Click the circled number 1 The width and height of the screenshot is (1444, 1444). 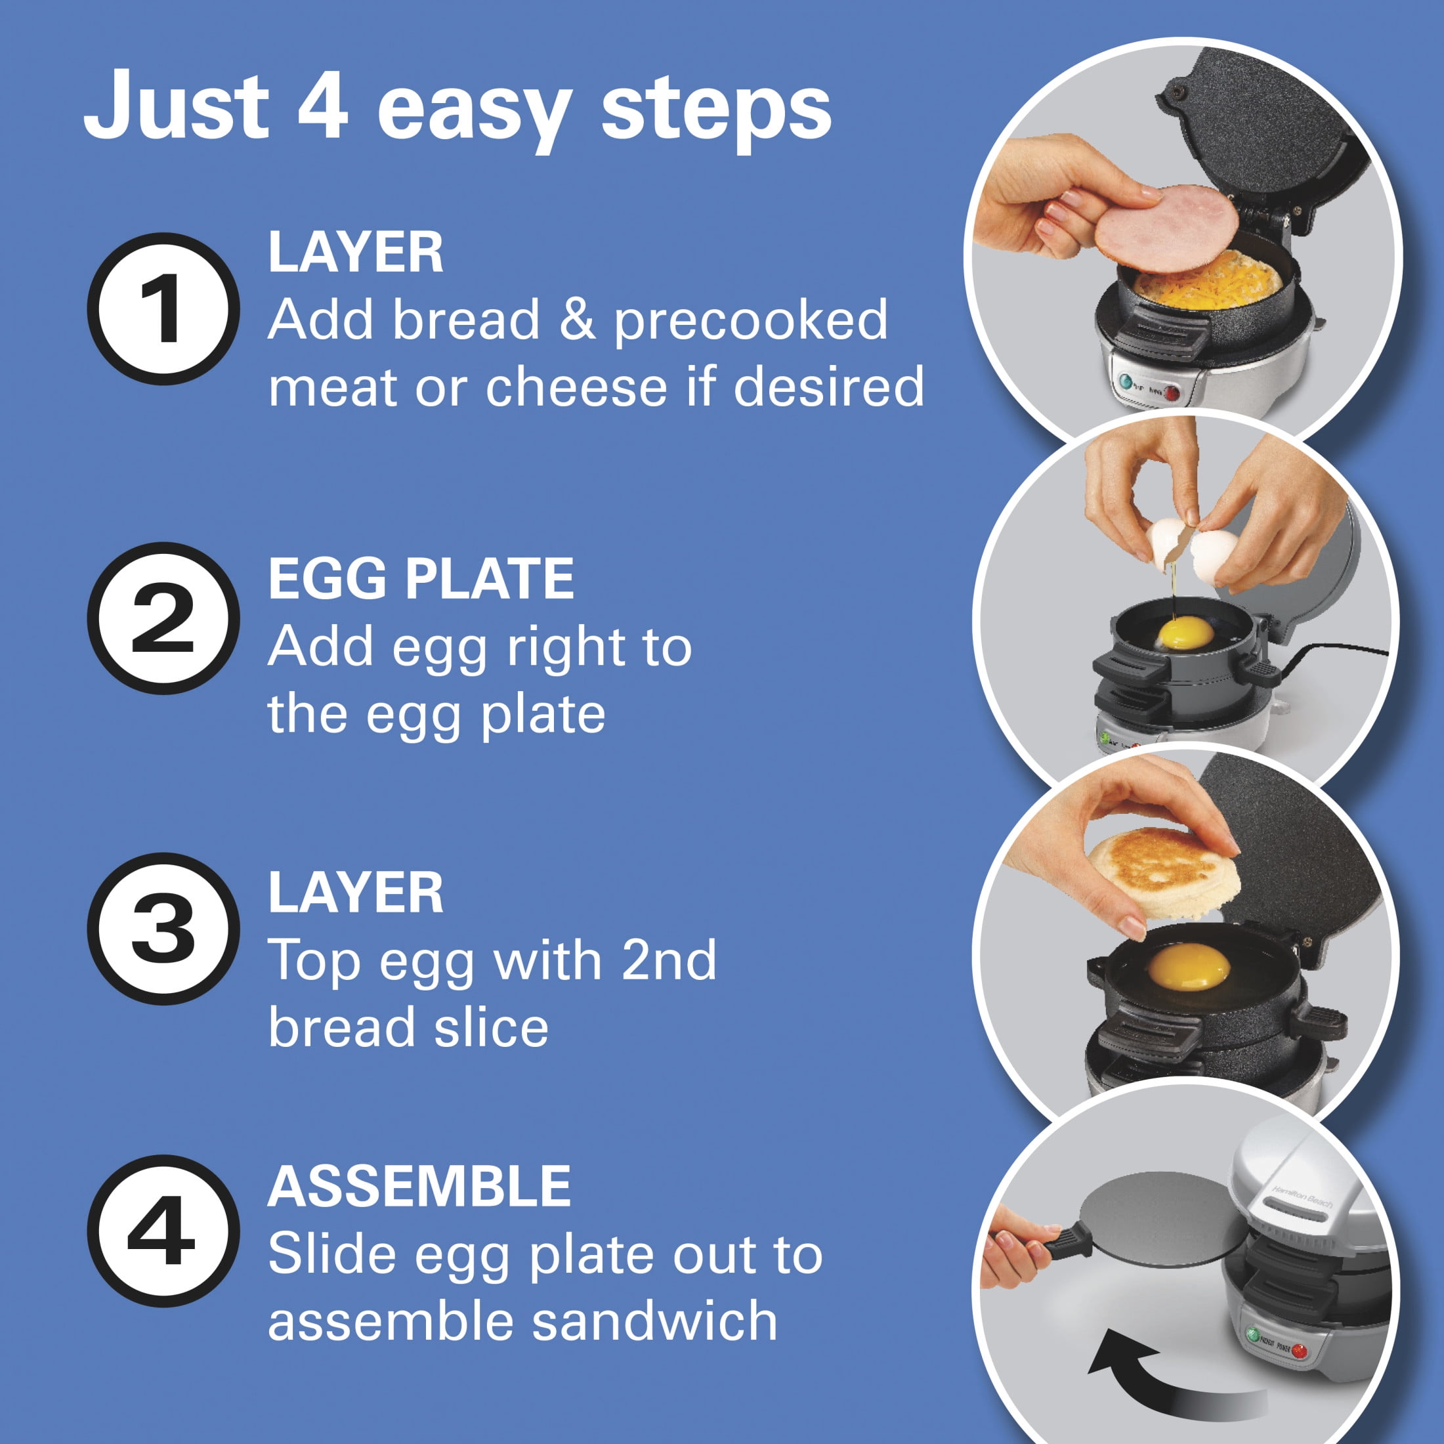pyautogui.click(x=163, y=308)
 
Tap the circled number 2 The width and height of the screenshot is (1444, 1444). pyautogui.click(x=163, y=618)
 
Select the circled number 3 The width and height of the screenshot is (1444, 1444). pyautogui.click(x=163, y=928)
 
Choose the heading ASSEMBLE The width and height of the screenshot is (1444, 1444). pyautogui.click(x=419, y=1186)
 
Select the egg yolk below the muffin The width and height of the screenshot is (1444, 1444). pyautogui.click(x=1189, y=966)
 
